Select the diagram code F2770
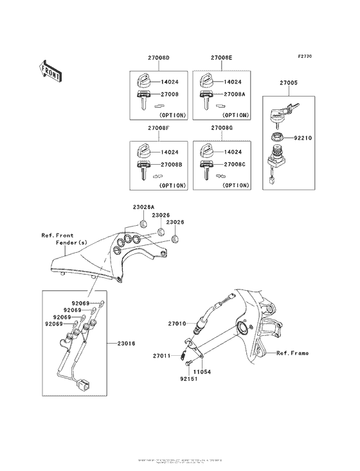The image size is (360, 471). coord(305,57)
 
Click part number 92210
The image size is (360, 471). coord(303,137)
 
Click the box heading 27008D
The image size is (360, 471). coord(158,58)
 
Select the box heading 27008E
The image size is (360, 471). coord(221,58)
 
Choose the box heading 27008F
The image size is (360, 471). coord(158,128)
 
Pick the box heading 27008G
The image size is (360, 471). coord(221,128)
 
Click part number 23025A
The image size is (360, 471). coord(143,207)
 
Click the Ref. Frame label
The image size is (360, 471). coord(292,353)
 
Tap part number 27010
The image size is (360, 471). coord(177,324)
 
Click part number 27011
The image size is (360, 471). coord(161,355)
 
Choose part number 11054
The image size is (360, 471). coord(203,372)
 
